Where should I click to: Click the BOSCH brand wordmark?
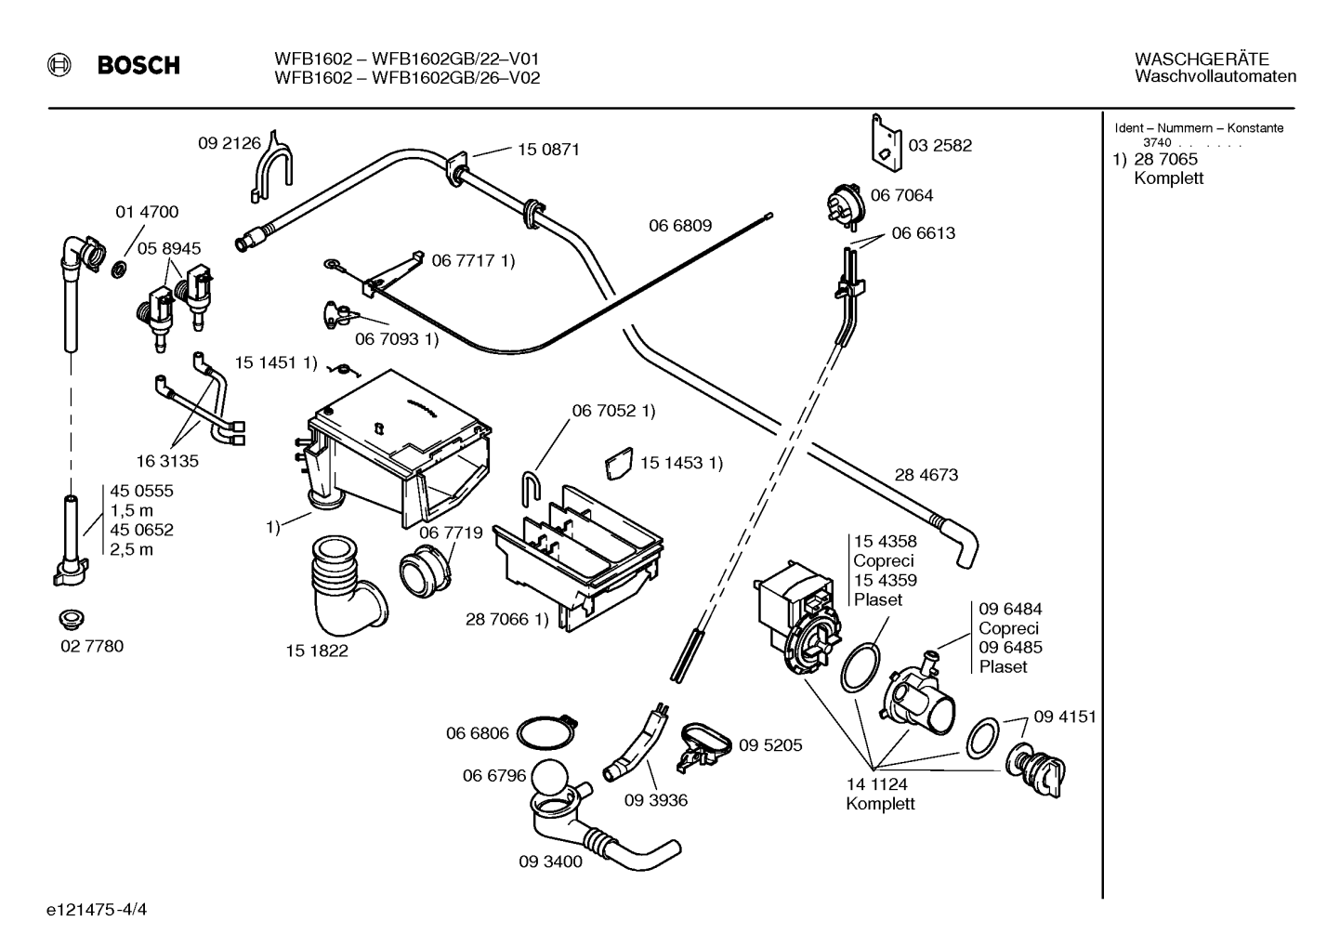(x=138, y=65)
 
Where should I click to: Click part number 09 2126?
(x=230, y=143)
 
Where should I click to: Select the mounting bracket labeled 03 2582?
(x=886, y=142)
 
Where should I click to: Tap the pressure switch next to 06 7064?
(x=846, y=205)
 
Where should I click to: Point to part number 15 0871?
(x=548, y=150)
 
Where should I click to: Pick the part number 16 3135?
(x=167, y=461)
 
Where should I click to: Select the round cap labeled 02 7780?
(x=72, y=620)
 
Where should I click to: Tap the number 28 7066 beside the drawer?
(x=497, y=619)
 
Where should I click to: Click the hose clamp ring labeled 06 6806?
(x=546, y=732)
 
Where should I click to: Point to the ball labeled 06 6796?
(x=549, y=780)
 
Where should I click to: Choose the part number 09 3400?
(x=550, y=862)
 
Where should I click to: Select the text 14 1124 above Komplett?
(x=877, y=783)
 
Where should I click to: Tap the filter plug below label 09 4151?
(x=1035, y=769)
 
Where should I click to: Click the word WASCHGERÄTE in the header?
(x=1202, y=59)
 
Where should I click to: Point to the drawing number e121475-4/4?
(x=97, y=910)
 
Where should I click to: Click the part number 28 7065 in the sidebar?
(x=1166, y=159)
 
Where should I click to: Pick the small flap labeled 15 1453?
(x=619, y=463)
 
